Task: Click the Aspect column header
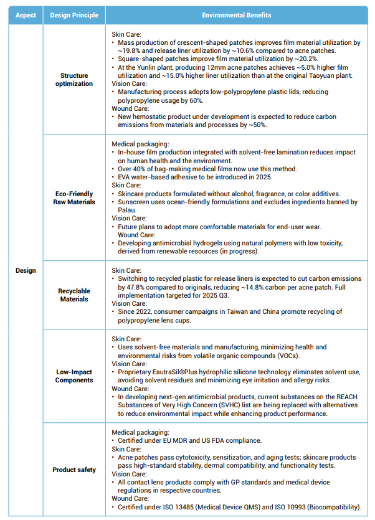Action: [25, 14]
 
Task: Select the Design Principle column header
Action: [74, 14]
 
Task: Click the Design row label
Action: [25, 270]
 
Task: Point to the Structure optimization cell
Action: [74, 79]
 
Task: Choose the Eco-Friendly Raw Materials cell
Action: [74, 198]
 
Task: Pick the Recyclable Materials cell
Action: [74, 295]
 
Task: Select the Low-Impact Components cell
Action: [74, 376]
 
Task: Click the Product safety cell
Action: [74, 470]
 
